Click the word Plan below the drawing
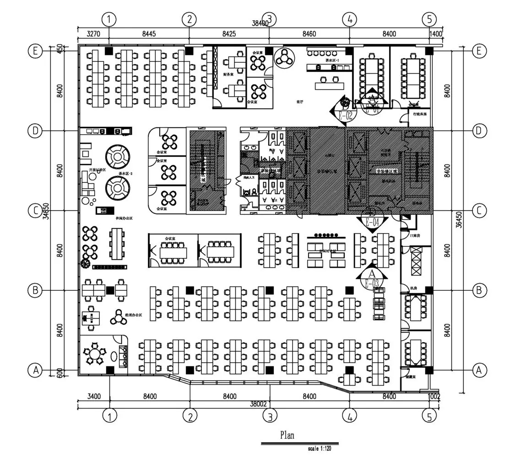(287, 436)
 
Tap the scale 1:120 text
(320, 448)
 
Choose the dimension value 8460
(309, 33)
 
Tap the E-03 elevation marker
(371, 283)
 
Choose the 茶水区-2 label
(125, 174)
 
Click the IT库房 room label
(415, 235)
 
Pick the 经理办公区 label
(134, 315)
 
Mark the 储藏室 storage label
(411, 377)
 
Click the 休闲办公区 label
(124, 218)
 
